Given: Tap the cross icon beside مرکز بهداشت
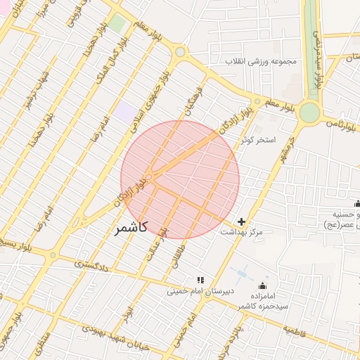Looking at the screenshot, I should click(x=242, y=221).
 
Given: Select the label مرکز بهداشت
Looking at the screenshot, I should click(x=241, y=232).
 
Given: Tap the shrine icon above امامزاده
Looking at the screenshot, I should click(x=263, y=286).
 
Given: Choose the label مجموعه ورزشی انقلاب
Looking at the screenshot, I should click(x=262, y=61).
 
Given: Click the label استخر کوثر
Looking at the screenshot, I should click(x=256, y=140).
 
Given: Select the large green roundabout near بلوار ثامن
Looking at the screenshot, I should click(x=309, y=112).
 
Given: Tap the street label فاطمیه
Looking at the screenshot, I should click(x=300, y=328).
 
